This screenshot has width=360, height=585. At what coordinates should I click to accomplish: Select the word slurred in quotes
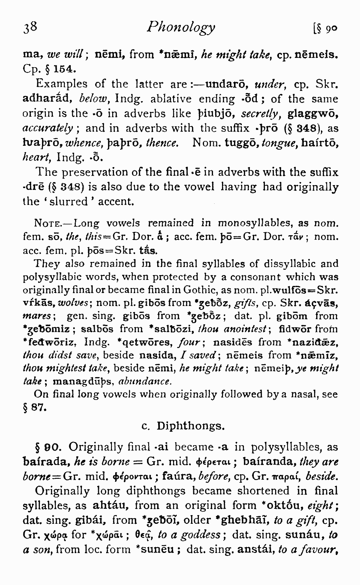point(68,202)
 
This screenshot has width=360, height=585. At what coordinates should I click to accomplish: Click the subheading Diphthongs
point(190,426)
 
